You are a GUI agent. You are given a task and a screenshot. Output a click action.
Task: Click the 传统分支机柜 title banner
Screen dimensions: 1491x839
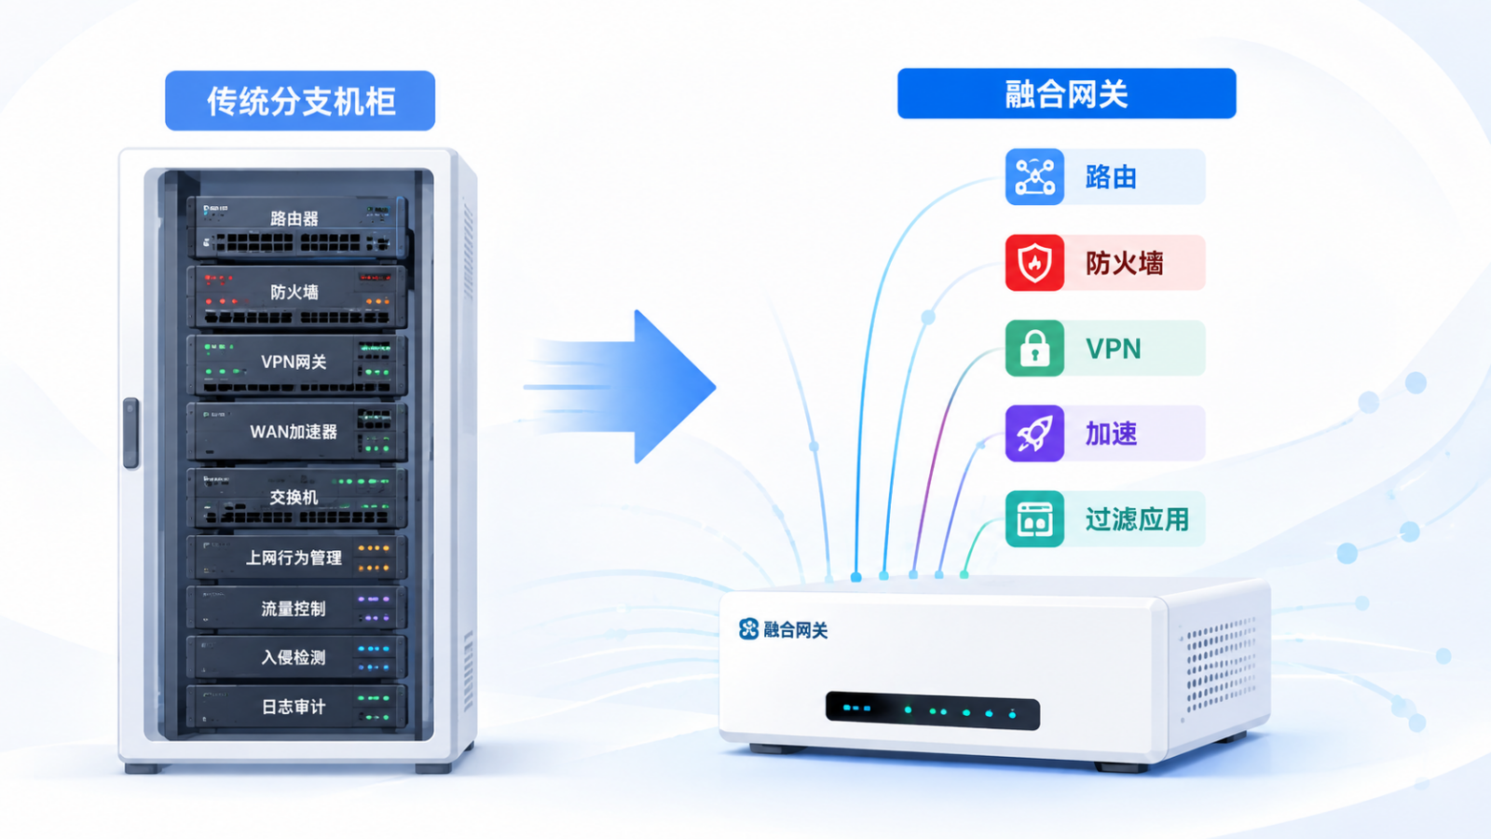(x=300, y=101)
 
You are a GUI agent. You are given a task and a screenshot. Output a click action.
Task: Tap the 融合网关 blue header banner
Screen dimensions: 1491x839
(x=1066, y=93)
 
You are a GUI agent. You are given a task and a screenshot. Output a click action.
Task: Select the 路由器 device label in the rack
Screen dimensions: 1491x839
(x=294, y=218)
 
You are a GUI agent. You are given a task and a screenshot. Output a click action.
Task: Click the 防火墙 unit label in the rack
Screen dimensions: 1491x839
(x=294, y=292)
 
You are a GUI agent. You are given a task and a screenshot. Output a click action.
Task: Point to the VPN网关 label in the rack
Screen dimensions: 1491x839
(x=294, y=362)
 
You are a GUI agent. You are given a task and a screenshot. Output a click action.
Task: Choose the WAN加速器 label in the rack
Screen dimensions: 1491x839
(x=294, y=432)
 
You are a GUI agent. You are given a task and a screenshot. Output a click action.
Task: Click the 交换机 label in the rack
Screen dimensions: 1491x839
(x=294, y=497)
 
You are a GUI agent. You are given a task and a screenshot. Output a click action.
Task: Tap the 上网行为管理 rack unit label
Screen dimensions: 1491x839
(x=294, y=557)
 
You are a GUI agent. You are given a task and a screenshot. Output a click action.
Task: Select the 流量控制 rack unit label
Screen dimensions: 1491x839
(x=294, y=608)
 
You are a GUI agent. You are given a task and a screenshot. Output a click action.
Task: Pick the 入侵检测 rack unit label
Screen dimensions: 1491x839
(x=294, y=657)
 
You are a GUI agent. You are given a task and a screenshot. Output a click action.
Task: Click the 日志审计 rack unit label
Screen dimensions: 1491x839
(x=294, y=707)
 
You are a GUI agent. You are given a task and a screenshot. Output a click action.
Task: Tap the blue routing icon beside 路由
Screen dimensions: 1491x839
(x=1034, y=176)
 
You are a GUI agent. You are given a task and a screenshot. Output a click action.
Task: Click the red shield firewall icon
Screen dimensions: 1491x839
(x=1034, y=262)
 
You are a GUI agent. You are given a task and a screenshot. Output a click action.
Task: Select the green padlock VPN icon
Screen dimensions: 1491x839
(x=1034, y=349)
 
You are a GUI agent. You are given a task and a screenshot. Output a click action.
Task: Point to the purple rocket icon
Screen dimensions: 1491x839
(x=1034, y=433)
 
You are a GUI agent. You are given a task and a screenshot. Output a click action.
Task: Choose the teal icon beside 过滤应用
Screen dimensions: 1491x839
(x=1034, y=518)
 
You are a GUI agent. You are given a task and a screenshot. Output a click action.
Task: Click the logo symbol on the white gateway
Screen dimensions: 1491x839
(x=749, y=628)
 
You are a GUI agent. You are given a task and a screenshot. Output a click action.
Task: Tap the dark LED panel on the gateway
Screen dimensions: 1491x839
(x=933, y=710)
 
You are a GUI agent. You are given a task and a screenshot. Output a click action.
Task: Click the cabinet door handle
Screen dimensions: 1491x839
(x=131, y=433)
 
